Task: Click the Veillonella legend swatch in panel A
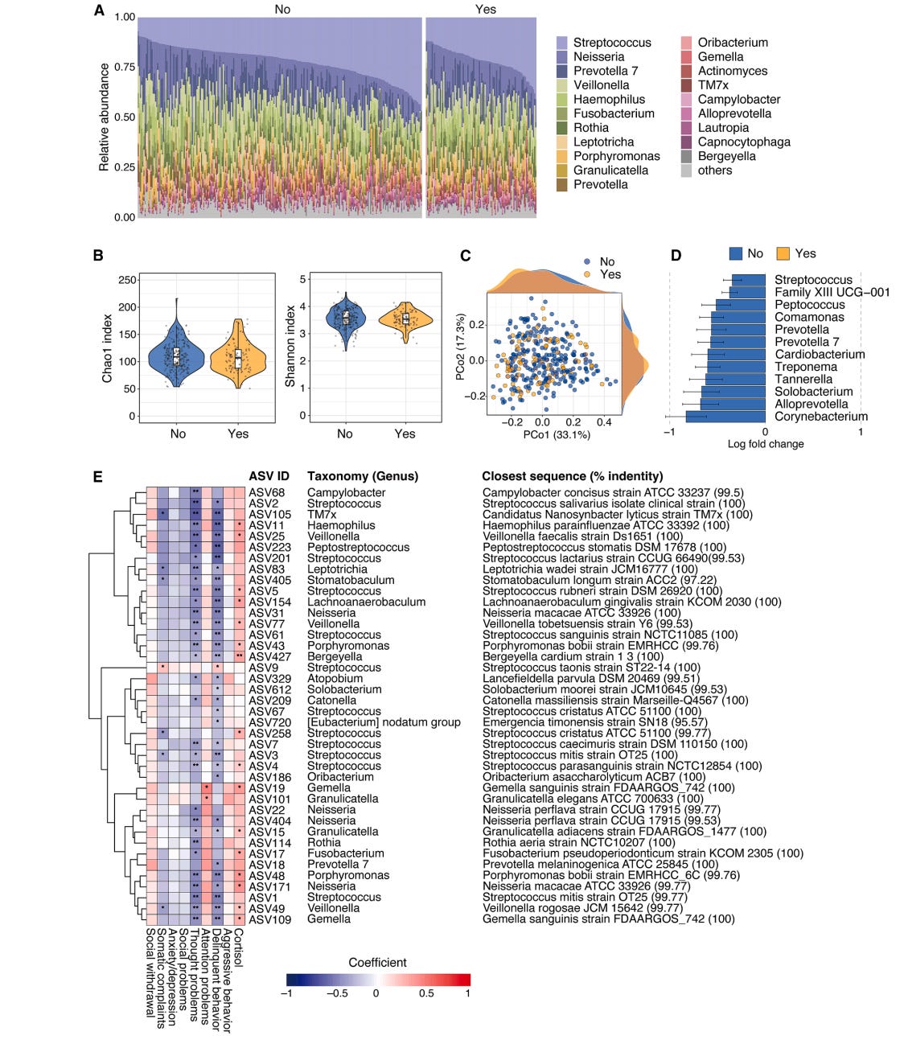562,85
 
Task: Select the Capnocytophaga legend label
744,142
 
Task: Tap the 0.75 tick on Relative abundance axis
124,68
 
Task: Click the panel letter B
98,256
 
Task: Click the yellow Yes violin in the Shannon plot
405,319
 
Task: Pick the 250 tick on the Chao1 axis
127,280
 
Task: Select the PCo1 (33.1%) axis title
556,435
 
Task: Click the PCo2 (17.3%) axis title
460,347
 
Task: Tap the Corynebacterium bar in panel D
725,417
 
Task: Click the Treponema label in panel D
805,367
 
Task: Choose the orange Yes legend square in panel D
783,254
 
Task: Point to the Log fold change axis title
765,444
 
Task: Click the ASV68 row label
266,493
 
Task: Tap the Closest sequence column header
572,476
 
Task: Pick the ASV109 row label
269,919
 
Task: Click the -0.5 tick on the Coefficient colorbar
337,993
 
